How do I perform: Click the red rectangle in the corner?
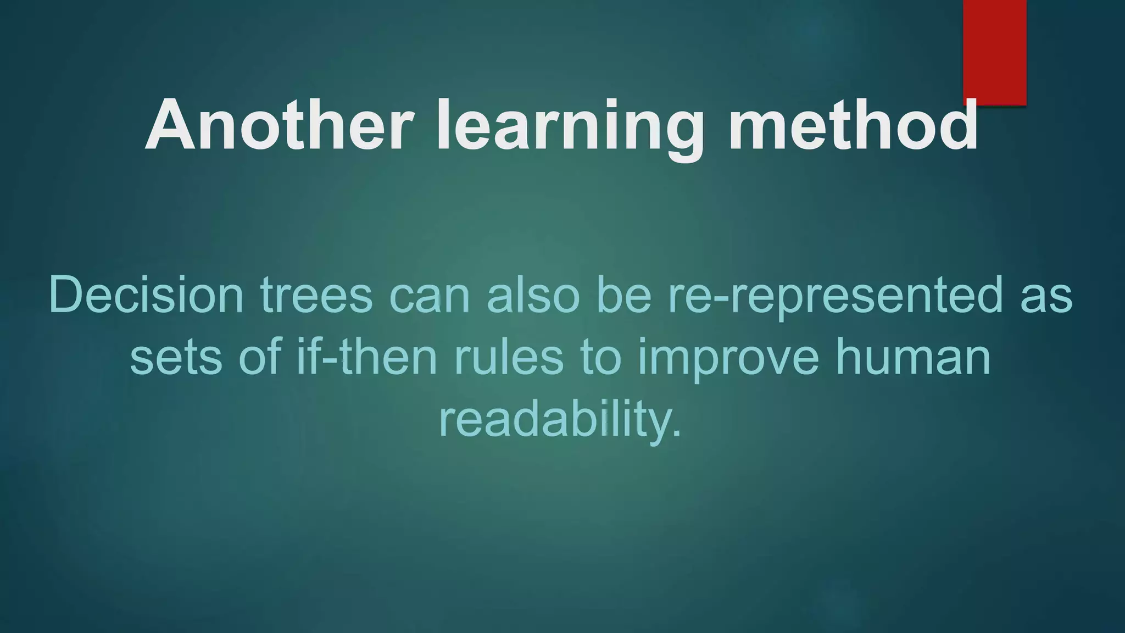[994, 52]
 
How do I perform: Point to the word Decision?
[146, 295]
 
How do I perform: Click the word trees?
[316, 296]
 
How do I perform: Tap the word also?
[533, 295]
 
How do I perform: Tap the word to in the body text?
[601, 357]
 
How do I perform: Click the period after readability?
[676, 434]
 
